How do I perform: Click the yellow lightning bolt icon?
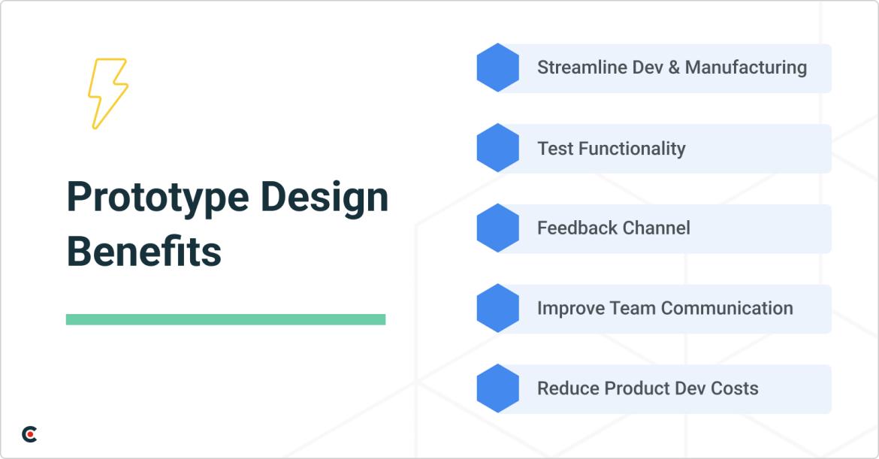tap(107, 93)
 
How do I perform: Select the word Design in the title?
tap(325, 197)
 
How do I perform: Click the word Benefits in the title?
tap(143, 252)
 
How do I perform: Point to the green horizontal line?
tap(225, 319)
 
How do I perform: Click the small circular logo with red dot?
tap(29, 434)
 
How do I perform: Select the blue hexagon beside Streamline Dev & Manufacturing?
tap(497, 68)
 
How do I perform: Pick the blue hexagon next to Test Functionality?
tap(497, 148)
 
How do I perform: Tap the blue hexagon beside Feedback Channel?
tap(497, 228)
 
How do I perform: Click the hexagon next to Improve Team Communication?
tap(497, 308)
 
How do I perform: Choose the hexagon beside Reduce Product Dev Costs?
tap(497, 388)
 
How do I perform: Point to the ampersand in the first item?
tap(673, 68)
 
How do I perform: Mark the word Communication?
tap(726, 308)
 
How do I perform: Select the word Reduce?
tap(562, 388)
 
